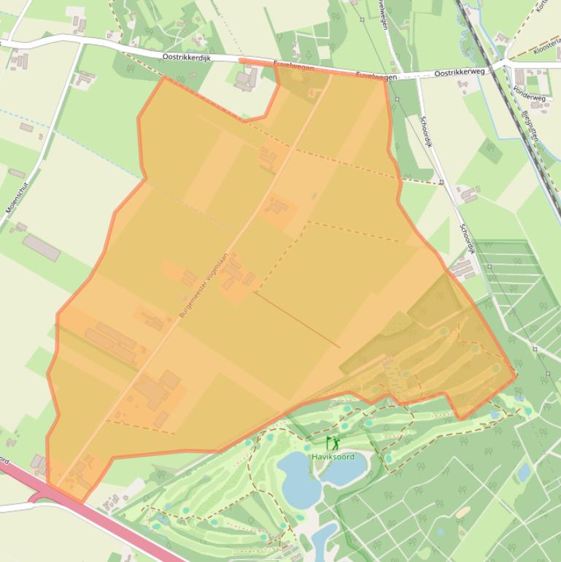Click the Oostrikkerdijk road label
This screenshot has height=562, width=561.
point(185,56)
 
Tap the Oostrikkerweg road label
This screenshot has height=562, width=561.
point(460,72)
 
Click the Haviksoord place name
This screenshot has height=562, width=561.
point(333,457)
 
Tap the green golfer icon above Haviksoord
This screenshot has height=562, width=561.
point(333,443)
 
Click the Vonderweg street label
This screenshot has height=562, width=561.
point(528,93)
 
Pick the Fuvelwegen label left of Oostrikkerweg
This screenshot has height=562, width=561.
point(377,76)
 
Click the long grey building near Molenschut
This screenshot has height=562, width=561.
point(42,247)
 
